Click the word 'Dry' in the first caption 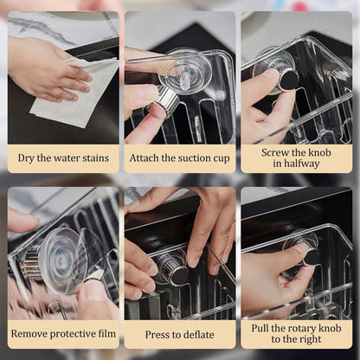click(x=24, y=158)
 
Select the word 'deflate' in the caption click(x=199, y=335)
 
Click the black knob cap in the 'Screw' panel click(x=289, y=80)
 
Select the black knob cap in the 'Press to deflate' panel click(x=179, y=276)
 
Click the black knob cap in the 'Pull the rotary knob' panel click(x=312, y=257)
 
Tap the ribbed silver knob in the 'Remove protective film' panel click(x=32, y=263)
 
